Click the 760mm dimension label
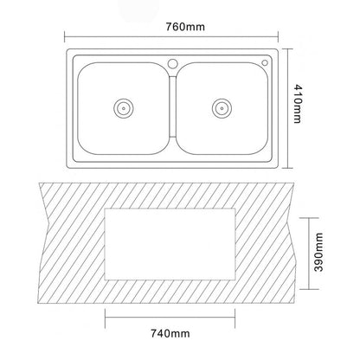click(x=185, y=27)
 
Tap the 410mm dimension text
click(x=298, y=104)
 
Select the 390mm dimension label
click(x=318, y=252)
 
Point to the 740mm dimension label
click(x=170, y=333)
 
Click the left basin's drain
click(x=124, y=108)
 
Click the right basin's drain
click(x=222, y=108)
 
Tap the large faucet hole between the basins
click(x=173, y=63)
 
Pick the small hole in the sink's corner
click(x=265, y=62)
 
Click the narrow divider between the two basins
click(x=172, y=106)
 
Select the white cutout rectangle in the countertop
click(x=170, y=244)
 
